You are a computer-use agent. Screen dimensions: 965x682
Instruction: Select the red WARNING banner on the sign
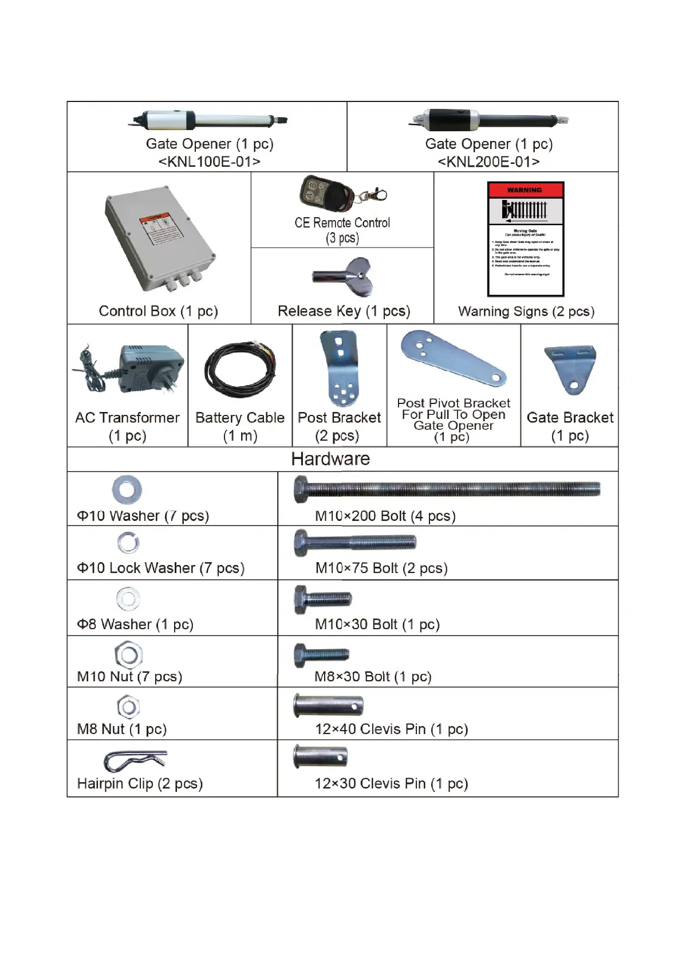[525, 190]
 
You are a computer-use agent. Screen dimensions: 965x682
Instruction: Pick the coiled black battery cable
[240, 369]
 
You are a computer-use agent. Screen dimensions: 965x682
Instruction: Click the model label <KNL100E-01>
[209, 162]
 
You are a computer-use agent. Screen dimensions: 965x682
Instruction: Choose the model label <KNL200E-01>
[488, 162]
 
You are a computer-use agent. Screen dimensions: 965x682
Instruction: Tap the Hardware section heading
[330, 459]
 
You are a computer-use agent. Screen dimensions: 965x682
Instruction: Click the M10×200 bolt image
[447, 489]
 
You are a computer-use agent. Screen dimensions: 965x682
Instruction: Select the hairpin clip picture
[135, 761]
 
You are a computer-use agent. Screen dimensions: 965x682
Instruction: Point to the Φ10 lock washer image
[128, 543]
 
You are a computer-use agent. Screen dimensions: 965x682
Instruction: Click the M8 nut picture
[128, 707]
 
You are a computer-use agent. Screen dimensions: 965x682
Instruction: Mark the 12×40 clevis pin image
[328, 705]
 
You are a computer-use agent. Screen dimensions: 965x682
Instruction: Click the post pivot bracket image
[452, 358]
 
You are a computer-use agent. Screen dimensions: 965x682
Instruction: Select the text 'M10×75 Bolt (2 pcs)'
[381, 568]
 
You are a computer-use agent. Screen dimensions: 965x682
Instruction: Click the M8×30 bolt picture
[321, 655]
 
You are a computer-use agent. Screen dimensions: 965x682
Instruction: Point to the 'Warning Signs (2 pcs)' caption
[526, 311]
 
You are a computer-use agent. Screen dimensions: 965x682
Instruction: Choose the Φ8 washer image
[128, 599]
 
